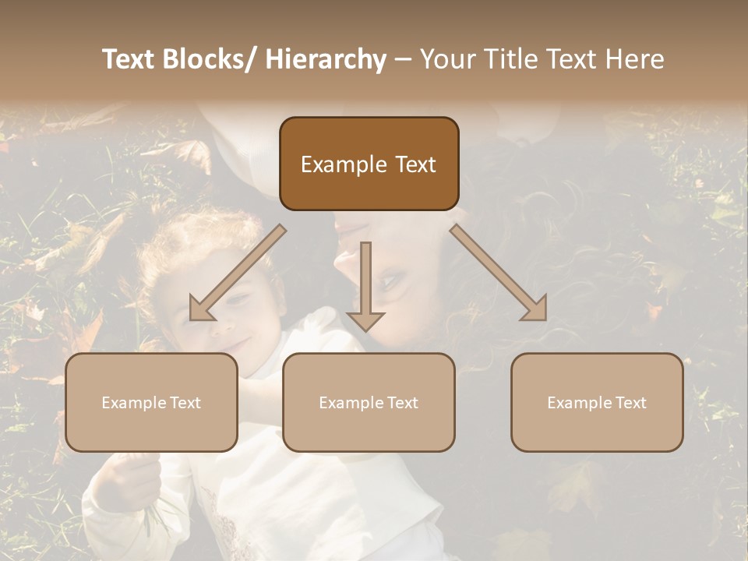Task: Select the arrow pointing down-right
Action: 499,273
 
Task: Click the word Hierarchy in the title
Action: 326,59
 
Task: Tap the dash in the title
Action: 403,60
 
